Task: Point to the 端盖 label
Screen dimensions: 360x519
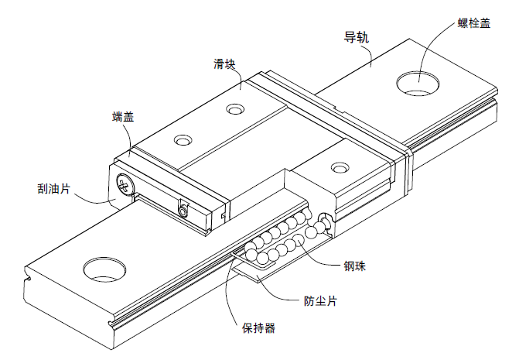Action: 123,117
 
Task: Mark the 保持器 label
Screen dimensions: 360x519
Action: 259,327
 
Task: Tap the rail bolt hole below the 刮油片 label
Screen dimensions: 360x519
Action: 104,269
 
